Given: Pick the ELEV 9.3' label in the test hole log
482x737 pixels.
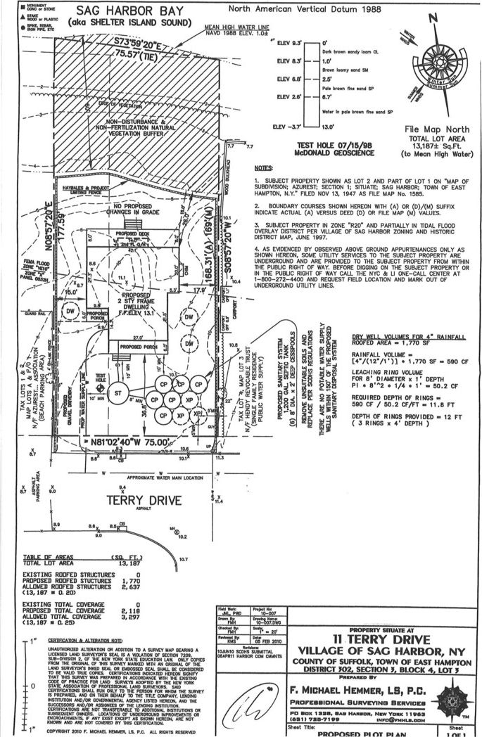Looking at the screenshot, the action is click(x=287, y=44).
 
